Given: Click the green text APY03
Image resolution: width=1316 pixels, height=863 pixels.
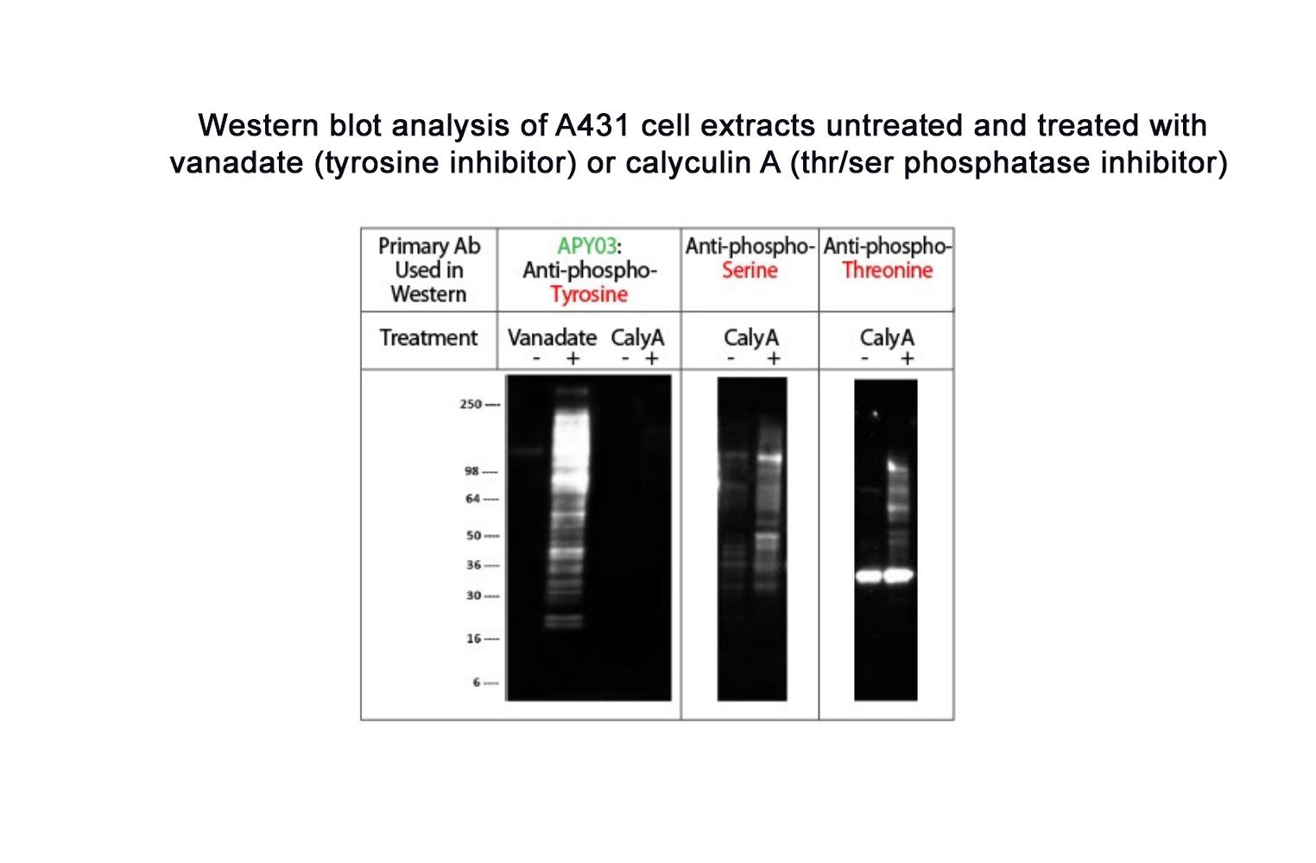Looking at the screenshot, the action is (587, 246).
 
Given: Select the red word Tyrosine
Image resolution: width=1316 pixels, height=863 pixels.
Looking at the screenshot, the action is (589, 294).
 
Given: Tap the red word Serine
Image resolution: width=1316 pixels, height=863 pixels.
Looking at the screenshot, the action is (750, 270).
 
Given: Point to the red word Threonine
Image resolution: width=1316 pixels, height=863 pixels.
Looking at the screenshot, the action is (887, 270).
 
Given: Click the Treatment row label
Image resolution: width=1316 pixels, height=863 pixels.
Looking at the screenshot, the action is (428, 337).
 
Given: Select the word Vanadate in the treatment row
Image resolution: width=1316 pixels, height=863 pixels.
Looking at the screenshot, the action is (552, 337).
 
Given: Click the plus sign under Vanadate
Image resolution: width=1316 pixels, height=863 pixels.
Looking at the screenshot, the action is (573, 358).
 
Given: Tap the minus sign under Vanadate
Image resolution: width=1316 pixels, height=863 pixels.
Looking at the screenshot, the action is (536, 358).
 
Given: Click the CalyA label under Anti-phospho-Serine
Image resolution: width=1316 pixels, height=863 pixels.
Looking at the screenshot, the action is (750, 337).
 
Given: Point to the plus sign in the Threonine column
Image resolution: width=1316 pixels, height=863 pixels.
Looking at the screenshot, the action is (907, 358).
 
